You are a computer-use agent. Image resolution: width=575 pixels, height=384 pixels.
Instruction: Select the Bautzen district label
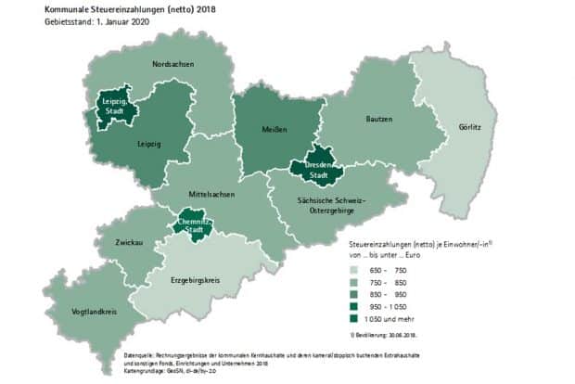[x=379, y=119]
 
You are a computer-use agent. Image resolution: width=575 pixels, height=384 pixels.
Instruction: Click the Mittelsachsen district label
[x=211, y=195]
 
